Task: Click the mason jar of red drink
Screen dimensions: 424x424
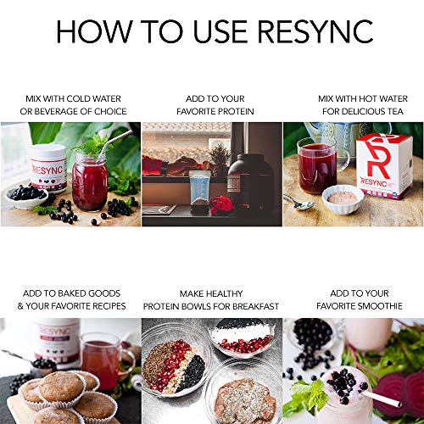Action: (90, 181)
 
